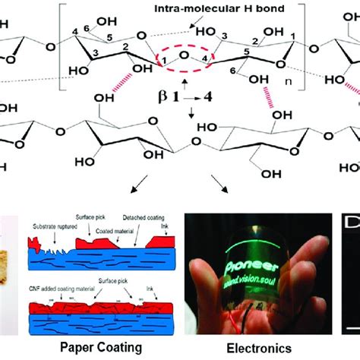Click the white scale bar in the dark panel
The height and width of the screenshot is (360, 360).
pos(351,327)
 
